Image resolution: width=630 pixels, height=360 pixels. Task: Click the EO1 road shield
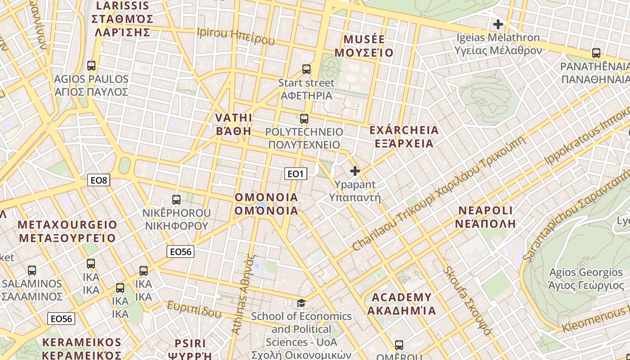click(x=296, y=174)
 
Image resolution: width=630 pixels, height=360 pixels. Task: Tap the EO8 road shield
click(x=99, y=180)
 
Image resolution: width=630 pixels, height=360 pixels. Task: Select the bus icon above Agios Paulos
click(x=91, y=66)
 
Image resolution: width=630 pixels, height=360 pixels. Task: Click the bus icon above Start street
click(x=306, y=69)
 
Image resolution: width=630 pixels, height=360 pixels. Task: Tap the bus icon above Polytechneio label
click(x=304, y=119)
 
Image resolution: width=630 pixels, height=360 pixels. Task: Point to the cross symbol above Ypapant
click(x=355, y=171)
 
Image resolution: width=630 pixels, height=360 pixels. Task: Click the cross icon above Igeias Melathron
click(x=498, y=24)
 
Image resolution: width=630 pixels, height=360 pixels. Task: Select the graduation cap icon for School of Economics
click(x=301, y=303)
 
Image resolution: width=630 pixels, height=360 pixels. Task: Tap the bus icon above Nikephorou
click(x=176, y=199)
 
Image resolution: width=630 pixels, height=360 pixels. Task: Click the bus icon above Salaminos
click(x=32, y=270)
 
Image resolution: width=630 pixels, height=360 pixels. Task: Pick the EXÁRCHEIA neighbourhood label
click(x=404, y=137)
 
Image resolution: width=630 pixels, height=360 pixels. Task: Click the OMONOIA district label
click(x=266, y=204)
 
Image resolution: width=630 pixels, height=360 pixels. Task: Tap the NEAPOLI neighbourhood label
click(x=486, y=217)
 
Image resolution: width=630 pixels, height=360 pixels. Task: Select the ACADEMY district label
click(x=401, y=304)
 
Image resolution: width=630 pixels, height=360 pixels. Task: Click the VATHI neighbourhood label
click(x=234, y=124)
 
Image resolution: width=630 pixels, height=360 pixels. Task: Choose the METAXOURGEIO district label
click(x=67, y=231)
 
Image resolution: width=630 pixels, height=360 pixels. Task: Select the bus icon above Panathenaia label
click(x=596, y=53)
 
